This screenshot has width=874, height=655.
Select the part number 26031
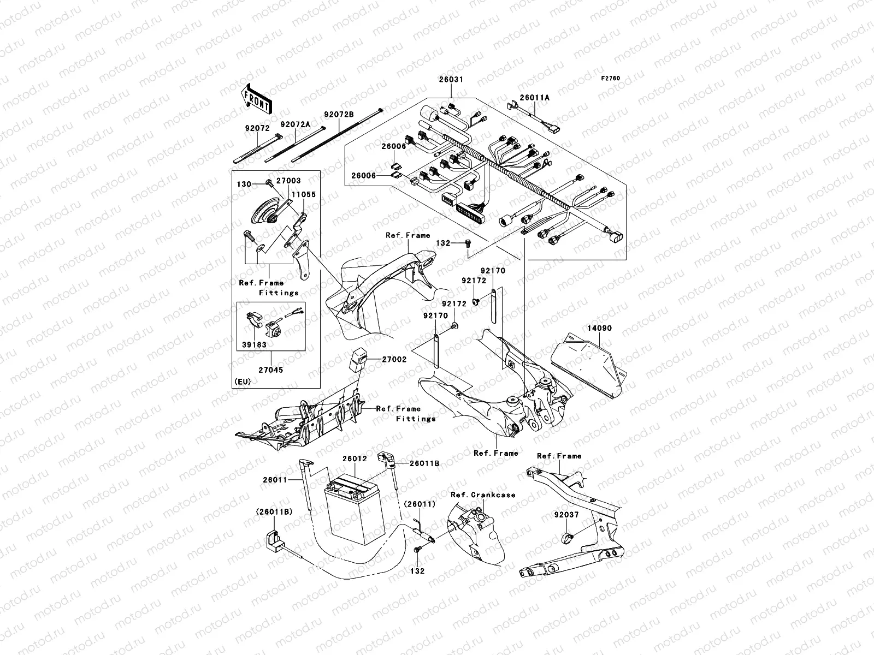(451, 80)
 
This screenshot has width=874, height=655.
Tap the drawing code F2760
(611, 78)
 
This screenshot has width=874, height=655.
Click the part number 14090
(599, 329)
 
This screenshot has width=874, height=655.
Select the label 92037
(566, 515)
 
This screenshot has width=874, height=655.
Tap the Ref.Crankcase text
(483, 495)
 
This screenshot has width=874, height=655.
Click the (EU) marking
(242, 381)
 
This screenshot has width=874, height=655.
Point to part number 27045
(271, 370)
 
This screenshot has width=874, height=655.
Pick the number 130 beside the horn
(244, 184)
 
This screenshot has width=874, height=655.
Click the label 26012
(355, 459)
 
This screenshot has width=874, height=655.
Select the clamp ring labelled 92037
(566, 538)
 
